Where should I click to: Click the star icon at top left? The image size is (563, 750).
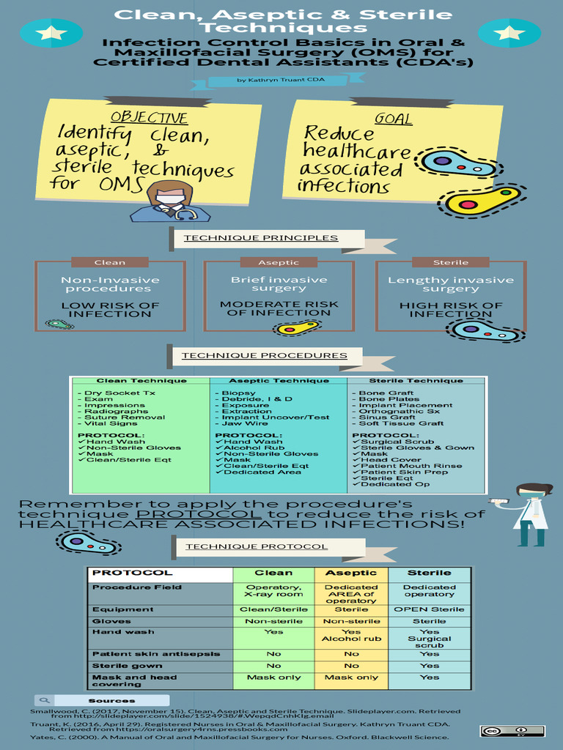click(51, 32)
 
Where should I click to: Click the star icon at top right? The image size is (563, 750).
click(509, 32)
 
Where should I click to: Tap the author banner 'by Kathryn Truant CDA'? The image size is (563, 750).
click(281, 80)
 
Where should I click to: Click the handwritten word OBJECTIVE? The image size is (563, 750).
click(150, 118)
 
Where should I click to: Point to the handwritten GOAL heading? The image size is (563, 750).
click(393, 118)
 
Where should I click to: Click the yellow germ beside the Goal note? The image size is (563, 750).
click(482, 200)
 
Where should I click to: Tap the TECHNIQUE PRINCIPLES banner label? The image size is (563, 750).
click(261, 238)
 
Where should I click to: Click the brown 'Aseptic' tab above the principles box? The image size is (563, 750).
click(279, 262)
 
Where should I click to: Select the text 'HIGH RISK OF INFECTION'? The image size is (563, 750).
click(451, 310)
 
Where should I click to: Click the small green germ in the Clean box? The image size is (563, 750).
click(59, 324)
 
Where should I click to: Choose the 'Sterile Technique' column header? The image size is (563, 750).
click(416, 381)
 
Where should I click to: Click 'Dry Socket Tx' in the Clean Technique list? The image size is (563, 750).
click(117, 393)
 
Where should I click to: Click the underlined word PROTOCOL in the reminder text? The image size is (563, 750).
click(199, 514)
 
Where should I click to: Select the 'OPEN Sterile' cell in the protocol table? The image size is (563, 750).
click(429, 609)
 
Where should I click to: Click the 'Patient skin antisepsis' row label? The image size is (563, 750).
click(156, 654)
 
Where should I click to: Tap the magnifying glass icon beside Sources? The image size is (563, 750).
click(44, 700)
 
